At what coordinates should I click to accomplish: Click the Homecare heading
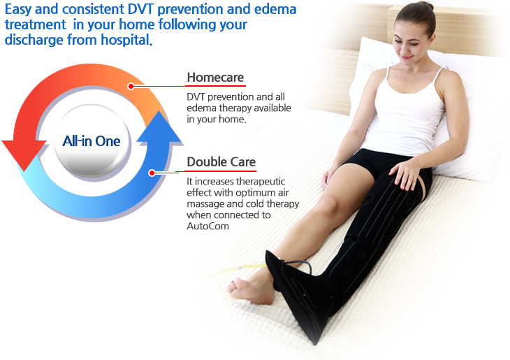coord(215,78)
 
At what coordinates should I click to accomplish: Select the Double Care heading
coord(221,161)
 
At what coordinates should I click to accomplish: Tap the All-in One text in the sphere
coord(92,141)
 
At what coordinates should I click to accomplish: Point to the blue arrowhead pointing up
coord(159,128)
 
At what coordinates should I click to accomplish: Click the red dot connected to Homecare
coord(131,86)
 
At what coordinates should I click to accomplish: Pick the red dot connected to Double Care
coord(152,173)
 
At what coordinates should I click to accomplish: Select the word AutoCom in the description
coord(207,226)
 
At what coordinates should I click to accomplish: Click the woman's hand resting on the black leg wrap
coord(406,173)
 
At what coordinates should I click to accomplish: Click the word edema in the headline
coord(275,9)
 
